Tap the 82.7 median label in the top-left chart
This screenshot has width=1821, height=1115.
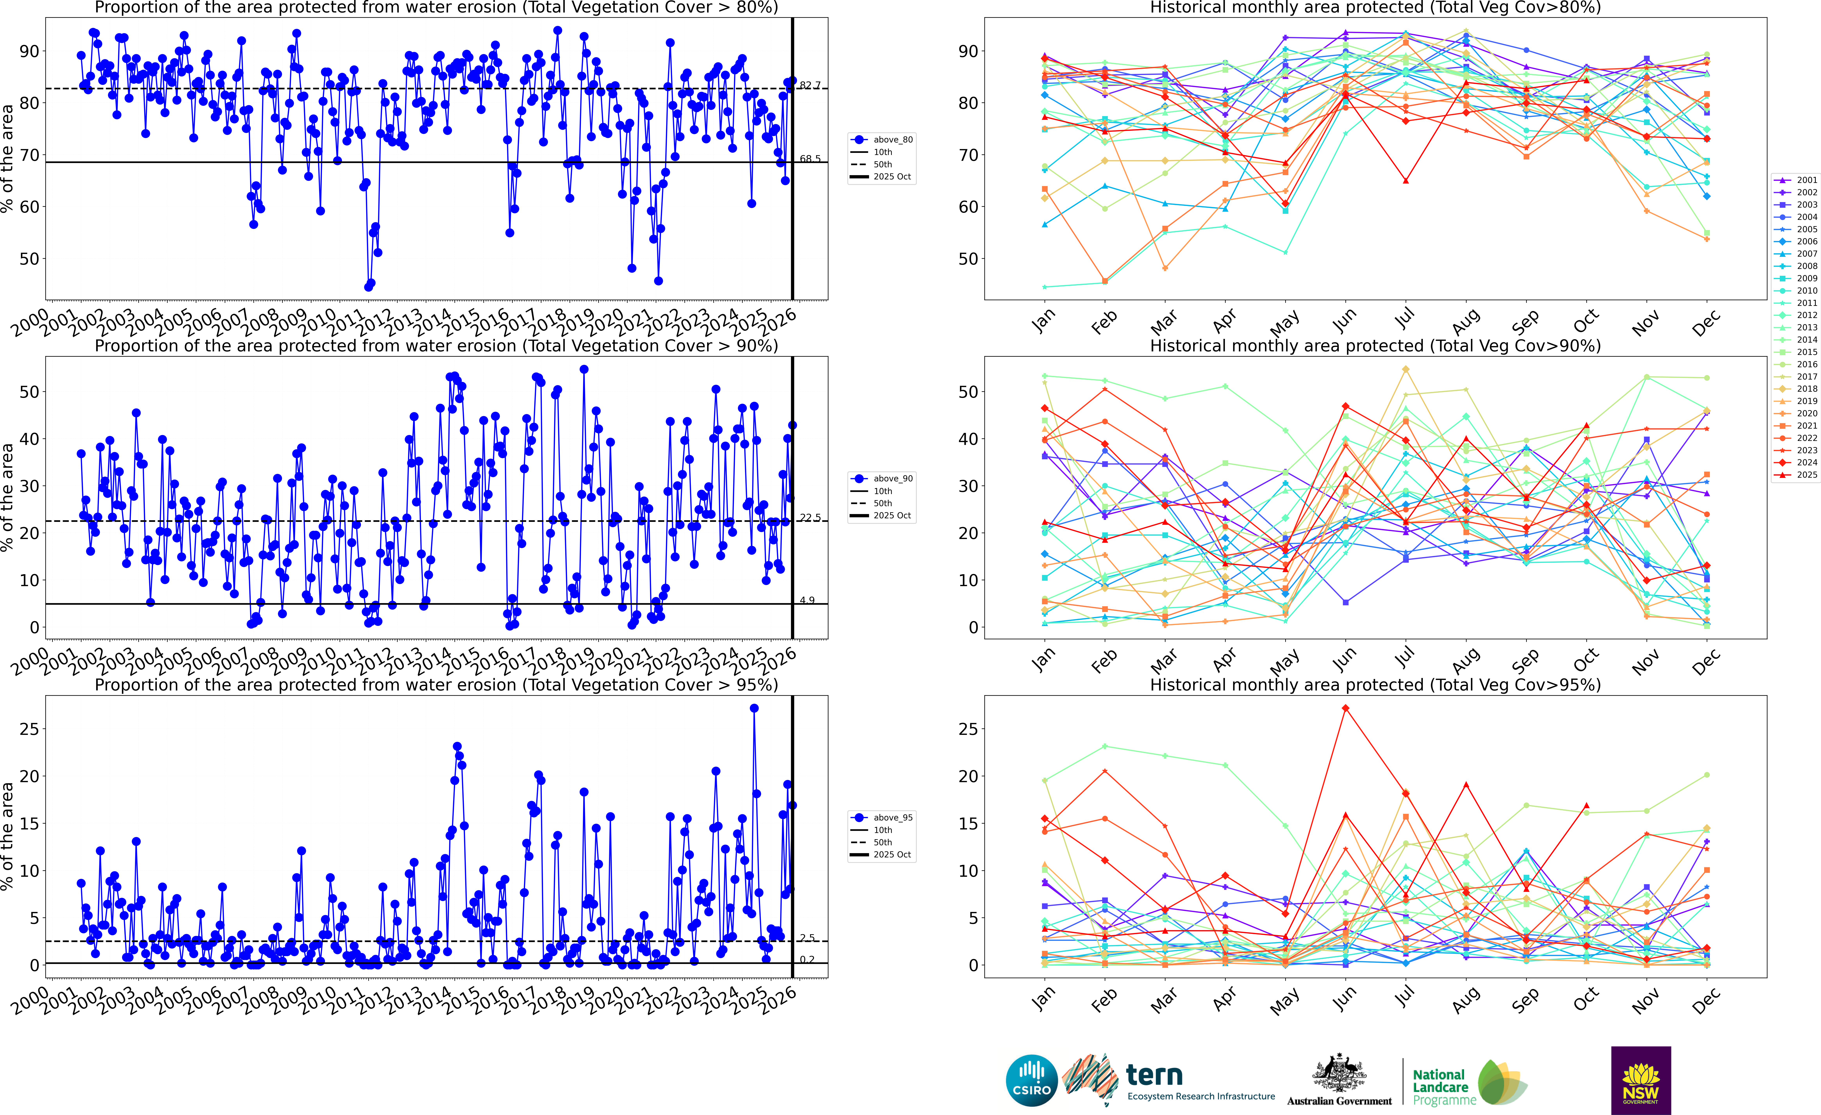point(810,86)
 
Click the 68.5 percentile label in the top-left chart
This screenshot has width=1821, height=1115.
point(810,159)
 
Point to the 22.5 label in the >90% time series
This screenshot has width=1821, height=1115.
point(810,518)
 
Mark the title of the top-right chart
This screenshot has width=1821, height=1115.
point(1375,7)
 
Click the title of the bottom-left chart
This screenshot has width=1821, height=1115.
point(436,685)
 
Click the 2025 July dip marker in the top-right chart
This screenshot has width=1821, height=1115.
point(1406,180)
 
